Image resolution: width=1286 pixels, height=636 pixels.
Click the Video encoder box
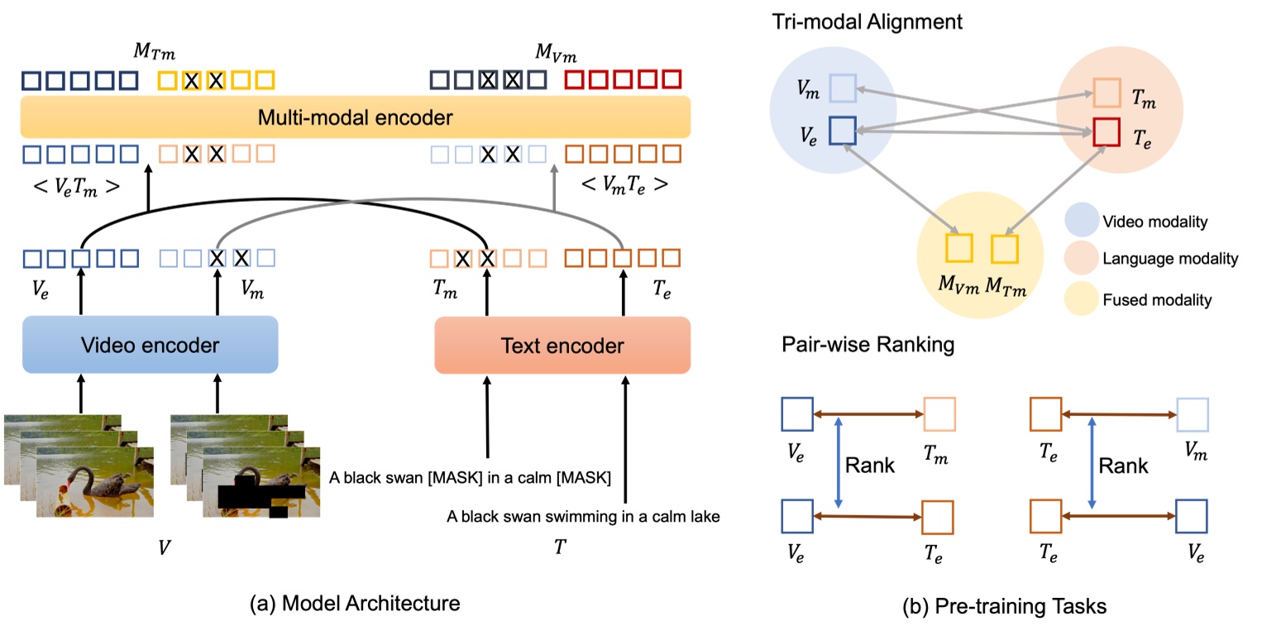click(150, 345)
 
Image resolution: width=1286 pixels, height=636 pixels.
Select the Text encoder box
click(562, 345)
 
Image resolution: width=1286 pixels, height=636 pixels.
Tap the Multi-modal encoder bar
click(355, 117)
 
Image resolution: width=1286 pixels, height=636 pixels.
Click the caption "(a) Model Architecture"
click(355, 603)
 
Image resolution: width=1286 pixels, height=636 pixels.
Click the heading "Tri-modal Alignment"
click(868, 22)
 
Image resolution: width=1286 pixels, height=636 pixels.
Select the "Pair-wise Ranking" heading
click(868, 344)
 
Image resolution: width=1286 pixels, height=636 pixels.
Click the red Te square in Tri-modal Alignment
click(1107, 132)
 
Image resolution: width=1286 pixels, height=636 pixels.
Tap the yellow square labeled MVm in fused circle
click(959, 248)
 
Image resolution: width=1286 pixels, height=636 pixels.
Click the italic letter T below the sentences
click(560, 548)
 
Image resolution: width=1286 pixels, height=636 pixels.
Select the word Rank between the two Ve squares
click(869, 466)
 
